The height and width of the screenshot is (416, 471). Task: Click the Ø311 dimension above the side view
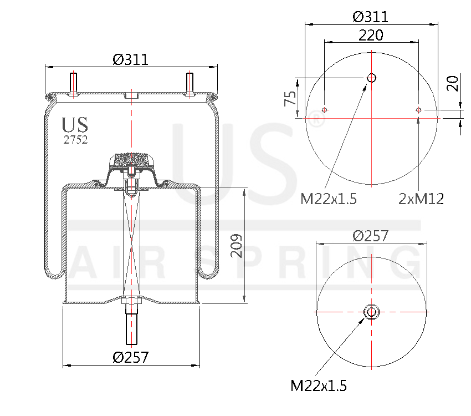131,59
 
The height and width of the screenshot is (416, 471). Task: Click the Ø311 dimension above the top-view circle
371,16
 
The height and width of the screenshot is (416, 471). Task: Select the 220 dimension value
371,35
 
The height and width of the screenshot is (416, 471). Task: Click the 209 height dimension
237,246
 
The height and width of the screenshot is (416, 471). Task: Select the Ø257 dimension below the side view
131,357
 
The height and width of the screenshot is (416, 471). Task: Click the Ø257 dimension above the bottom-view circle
371,235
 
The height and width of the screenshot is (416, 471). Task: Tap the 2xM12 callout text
421,199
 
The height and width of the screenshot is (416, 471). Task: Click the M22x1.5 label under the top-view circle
328,199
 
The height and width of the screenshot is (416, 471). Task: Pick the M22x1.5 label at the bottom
319,385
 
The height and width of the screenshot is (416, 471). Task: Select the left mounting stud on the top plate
73,84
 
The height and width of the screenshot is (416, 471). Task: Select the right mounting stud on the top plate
190,84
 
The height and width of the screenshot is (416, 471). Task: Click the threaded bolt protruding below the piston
131,327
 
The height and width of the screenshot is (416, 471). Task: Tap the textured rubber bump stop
131,160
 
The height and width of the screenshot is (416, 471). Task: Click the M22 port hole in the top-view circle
371,78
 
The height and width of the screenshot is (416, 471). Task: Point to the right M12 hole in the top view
419,110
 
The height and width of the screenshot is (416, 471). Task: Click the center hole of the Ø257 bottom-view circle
371,312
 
